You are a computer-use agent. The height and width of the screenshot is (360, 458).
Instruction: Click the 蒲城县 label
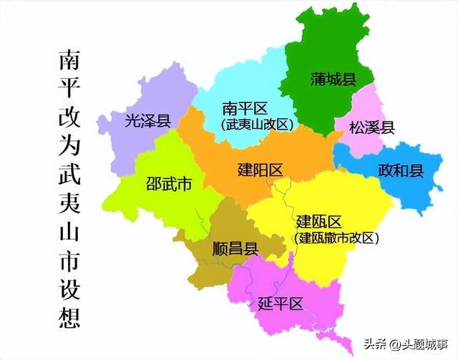point(333,79)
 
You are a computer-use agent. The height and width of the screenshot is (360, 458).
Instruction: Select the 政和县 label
point(401,171)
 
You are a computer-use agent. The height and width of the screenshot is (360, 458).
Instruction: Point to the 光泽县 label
point(147,121)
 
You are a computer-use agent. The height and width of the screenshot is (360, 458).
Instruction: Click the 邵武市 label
point(169,185)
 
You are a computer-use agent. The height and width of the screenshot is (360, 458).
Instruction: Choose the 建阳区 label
point(260,170)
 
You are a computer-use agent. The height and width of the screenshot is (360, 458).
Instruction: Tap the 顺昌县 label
point(235,249)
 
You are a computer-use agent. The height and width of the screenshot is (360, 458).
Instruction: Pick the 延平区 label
point(280,303)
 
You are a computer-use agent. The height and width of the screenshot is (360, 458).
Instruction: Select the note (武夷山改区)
point(257,125)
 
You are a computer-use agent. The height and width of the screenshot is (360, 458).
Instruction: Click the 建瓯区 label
point(318,220)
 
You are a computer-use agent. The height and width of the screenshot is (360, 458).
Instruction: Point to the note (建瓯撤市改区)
point(336,238)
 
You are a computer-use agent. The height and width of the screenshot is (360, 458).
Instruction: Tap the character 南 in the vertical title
point(70,62)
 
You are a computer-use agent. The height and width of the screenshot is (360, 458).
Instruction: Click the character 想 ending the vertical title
point(70,316)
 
